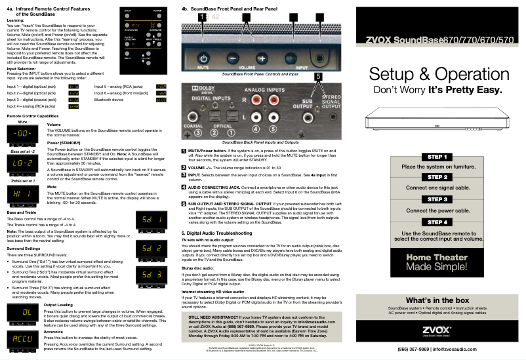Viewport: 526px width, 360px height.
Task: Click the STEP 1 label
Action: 437,157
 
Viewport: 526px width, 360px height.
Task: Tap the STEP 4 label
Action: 437,222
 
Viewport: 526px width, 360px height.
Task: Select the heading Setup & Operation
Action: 437,73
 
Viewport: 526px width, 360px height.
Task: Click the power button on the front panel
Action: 203,58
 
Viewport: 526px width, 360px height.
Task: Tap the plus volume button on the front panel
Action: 262,58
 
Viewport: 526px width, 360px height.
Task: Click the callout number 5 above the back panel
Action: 318,77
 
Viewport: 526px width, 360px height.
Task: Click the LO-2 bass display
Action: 22,162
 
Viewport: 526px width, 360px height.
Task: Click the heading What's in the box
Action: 437,300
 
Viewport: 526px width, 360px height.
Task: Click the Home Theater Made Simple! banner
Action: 437,262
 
